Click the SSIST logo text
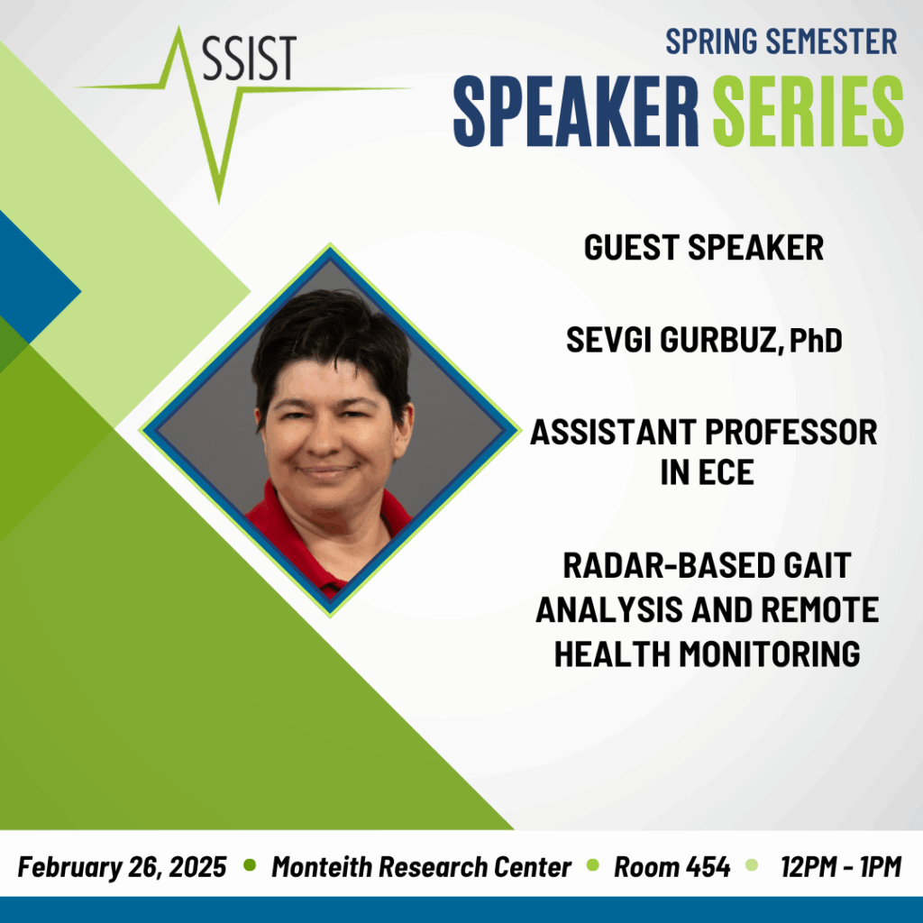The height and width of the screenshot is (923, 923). (x=249, y=59)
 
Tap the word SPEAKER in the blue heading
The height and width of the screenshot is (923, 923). (x=576, y=111)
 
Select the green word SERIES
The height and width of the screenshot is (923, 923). (x=809, y=111)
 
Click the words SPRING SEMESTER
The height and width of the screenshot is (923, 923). (x=781, y=41)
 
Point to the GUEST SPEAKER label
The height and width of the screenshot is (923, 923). (x=703, y=247)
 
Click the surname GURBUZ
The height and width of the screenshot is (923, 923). (x=721, y=340)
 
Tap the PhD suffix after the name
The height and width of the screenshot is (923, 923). (x=816, y=340)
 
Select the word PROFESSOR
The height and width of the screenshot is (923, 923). (x=791, y=432)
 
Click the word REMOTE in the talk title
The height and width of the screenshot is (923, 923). (x=819, y=610)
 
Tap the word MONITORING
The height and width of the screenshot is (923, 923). (x=770, y=654)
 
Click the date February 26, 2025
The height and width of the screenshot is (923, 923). (x=122, y=867)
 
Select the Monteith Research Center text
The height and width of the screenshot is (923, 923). (x=422, y=867)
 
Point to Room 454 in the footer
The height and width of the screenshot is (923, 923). (x=672, y=867)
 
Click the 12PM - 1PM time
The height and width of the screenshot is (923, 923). (x=841, y=867)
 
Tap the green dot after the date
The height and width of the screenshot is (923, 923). (x=250, y=865)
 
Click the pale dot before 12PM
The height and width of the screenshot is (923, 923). (x=751, y=865)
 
